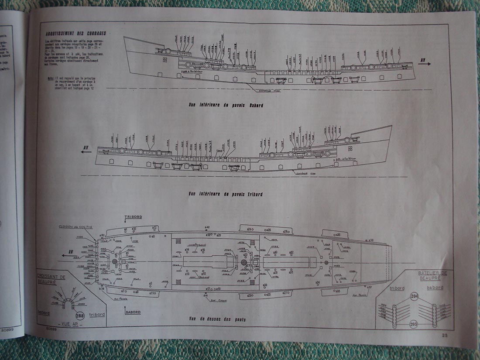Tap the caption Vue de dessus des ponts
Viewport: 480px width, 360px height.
coord(217,319)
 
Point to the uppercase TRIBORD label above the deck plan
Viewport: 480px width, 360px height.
coord(133,217)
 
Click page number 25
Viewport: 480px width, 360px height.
coord(445,335)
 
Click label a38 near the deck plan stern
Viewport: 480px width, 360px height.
coord(370,240)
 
